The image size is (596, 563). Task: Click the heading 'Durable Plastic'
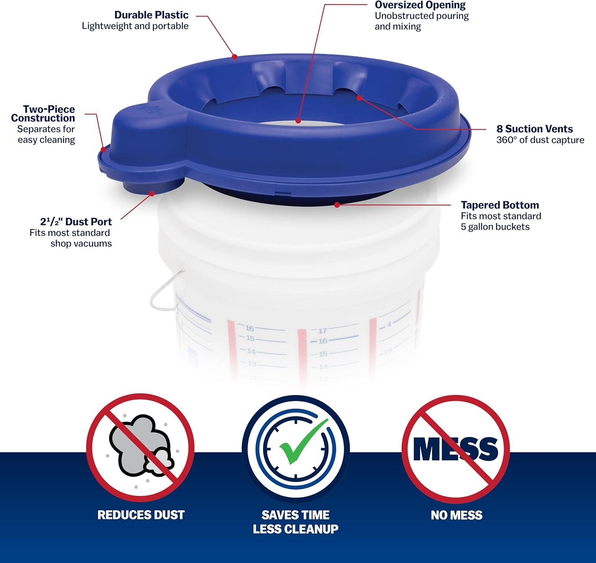tap(151, 15)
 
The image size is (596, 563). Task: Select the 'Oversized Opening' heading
tap(420, 5)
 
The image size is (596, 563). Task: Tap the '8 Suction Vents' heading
tap(534, 129)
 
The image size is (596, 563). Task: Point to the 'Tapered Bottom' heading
tap(500, 205)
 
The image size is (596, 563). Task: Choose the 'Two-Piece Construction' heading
tap(43, 114)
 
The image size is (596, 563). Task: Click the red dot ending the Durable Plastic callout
tap(235, 56)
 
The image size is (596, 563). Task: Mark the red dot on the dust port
tap(151, 193)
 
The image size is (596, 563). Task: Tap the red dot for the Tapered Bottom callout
tap(337, 205)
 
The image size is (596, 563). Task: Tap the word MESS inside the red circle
tap(455, 449)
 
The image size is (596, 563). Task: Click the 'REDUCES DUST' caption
tap(141, 515)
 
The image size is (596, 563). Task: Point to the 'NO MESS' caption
tap(456, 515)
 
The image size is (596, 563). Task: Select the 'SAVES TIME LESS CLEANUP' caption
tap(296, 522)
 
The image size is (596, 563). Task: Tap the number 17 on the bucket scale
tap(322, 331)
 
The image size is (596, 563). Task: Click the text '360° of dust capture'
tap(540, 140)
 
